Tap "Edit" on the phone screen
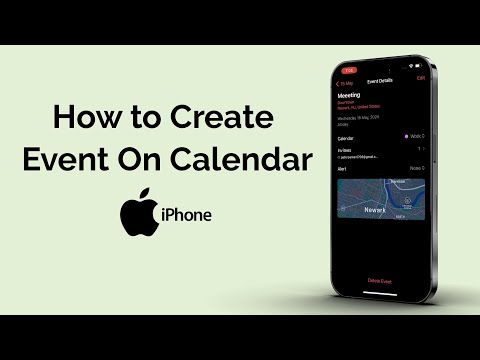(x=421, y=77)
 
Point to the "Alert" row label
(x=342, y=169)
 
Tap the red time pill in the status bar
(x=350, y=70)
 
